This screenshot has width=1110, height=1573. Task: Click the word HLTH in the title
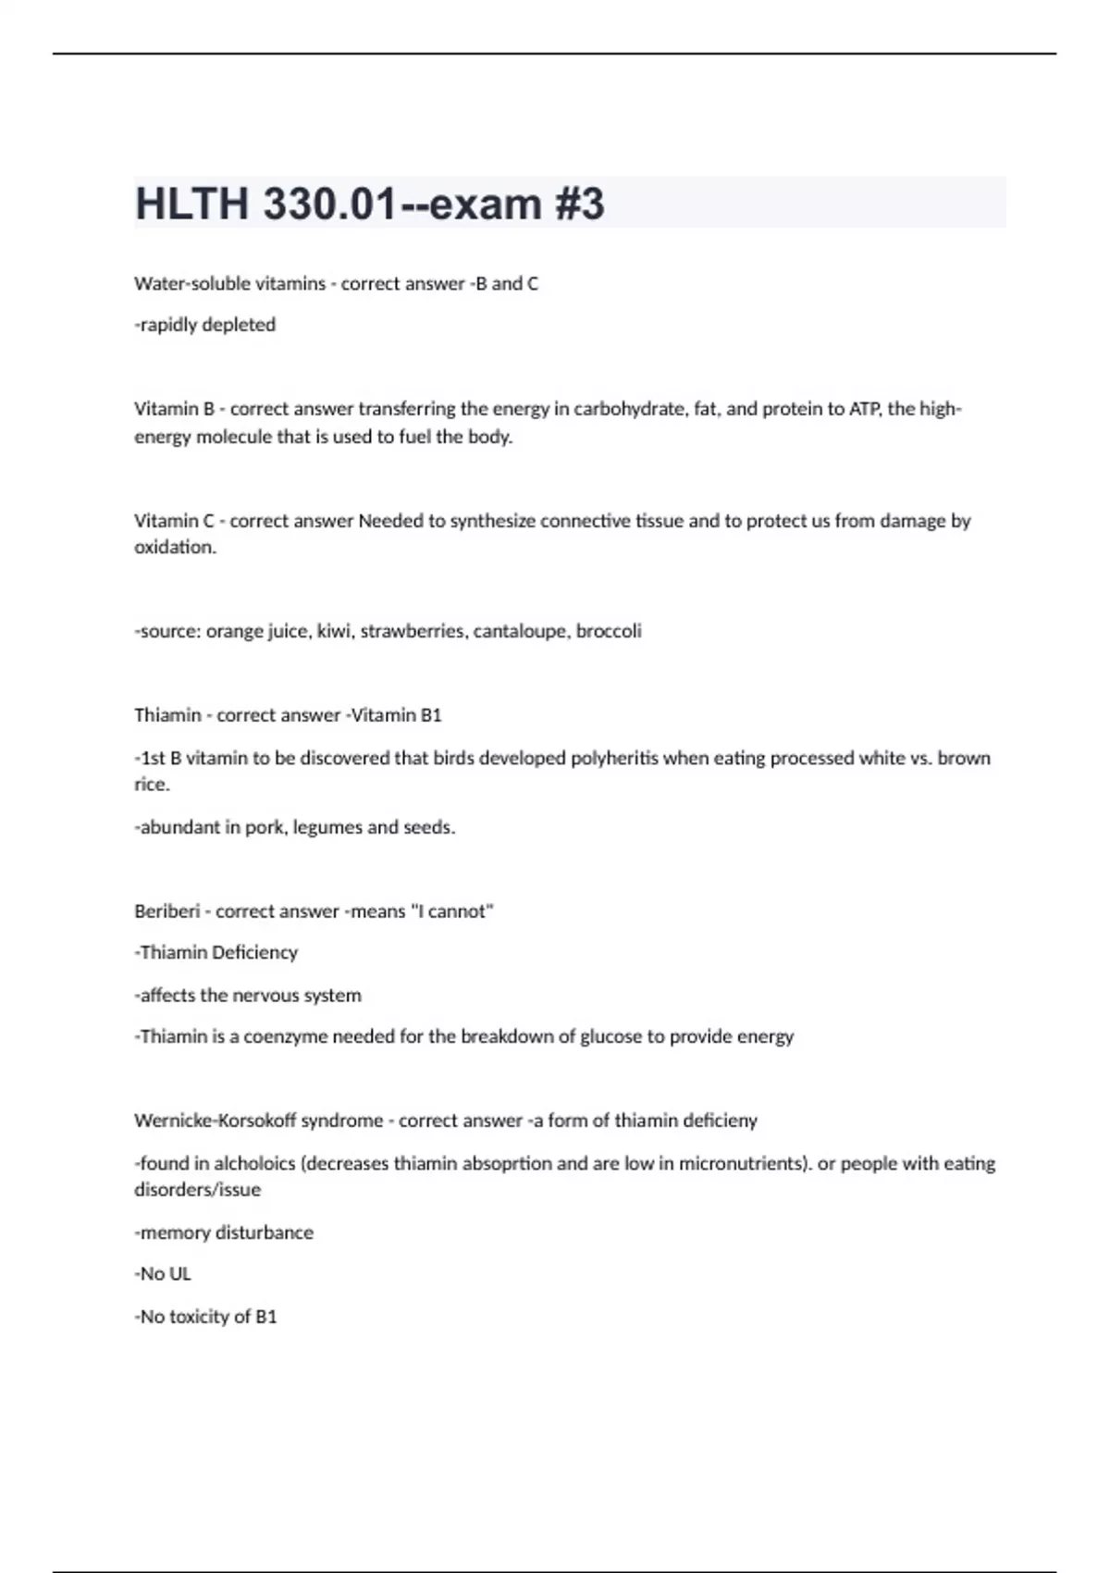click(x=191, y=204)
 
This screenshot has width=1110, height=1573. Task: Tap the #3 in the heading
click(x=579, y=204)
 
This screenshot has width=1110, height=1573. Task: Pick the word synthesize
click(x=492, y=520)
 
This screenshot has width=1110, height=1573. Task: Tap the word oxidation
click(x=175, y=547)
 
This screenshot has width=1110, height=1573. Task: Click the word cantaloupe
click(x=519, y=631)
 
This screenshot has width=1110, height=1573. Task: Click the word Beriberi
click(x=166, y=911)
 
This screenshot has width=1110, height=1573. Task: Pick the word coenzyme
click(x=285, y=1036)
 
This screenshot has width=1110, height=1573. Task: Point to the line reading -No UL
click(x=163, y=1274)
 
